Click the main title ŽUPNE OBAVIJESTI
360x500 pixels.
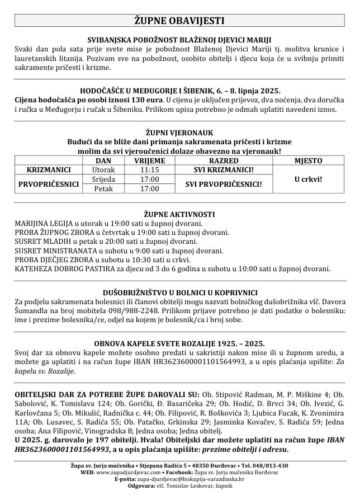click(x=179, y=21)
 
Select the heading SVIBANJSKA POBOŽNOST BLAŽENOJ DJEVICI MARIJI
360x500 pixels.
click(x=179, y=40)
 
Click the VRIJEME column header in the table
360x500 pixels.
click(x=149, y=161)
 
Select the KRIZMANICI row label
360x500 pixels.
click(x=48, y=169)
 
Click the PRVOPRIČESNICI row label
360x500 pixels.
click(x=48, y=183)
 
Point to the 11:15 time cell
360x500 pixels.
click(x=149, y=169)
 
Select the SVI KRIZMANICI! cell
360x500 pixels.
click(x=223, y=169)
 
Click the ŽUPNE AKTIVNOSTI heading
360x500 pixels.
click(x=179, y=214)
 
